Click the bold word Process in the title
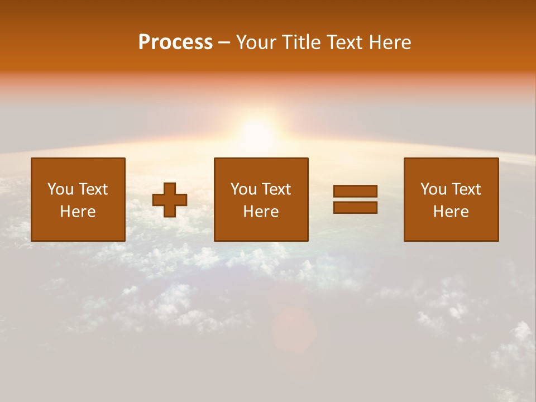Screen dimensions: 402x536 175,42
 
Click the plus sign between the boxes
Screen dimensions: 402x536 170,200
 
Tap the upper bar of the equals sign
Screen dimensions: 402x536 355,192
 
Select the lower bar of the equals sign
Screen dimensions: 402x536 355,208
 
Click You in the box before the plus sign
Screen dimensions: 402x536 60,189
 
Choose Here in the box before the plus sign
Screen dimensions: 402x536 78,212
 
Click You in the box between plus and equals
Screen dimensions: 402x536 243,189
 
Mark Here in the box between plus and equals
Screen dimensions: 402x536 261,212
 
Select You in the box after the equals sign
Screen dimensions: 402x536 433,189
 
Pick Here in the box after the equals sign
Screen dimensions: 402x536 451,212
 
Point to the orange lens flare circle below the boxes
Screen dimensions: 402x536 294,329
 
